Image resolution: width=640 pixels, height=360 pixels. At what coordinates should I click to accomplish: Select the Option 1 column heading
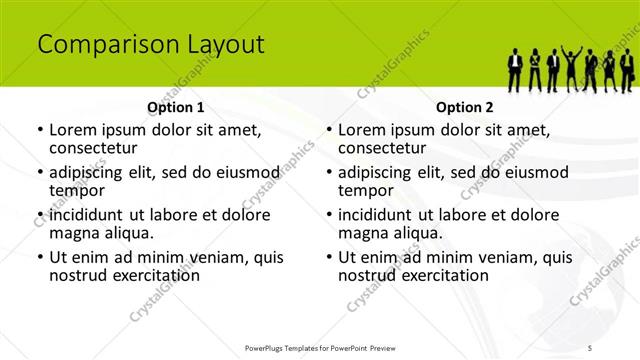[x=176, y=107]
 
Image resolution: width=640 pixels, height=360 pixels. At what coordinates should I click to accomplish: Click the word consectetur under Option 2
[x=388, y=148]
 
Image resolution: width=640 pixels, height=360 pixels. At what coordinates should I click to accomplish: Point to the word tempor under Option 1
[x=77, y=190]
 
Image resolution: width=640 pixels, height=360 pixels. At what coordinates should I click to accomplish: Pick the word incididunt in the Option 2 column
[x=381, y=213]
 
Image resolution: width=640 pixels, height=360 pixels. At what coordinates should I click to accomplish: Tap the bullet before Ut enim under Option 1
[x=39, y=256]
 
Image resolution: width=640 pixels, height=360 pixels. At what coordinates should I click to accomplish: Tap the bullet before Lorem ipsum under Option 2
[x=328, y=129]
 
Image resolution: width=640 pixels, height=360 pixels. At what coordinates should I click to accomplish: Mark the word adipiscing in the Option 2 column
[x=381, y=171]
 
